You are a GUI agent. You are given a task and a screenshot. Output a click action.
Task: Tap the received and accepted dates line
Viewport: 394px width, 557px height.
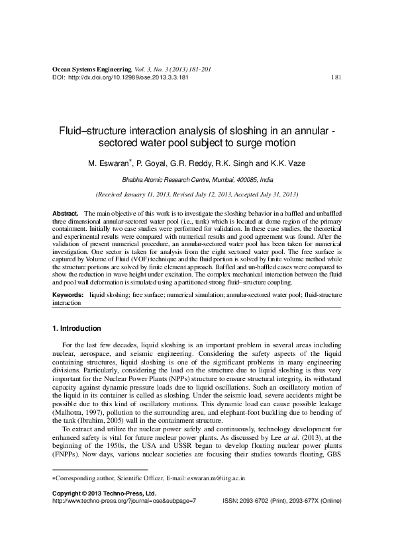click(x=197, y=195)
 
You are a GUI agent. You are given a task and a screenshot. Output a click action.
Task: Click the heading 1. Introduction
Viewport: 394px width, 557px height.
click(x=76, y=328)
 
